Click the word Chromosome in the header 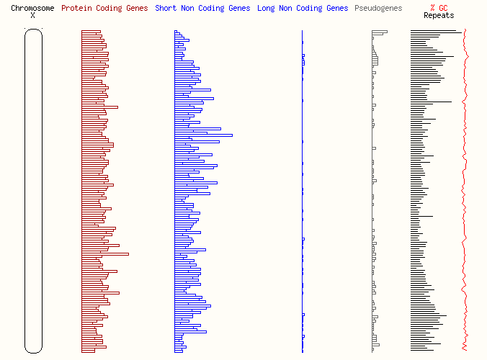(32, 9)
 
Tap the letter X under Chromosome (32, 16)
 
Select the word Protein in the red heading (76, 9)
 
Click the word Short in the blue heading (166, 9)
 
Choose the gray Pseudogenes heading (378, 9)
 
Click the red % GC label (439, 9)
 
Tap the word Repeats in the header (439, 16)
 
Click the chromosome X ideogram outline (33, 191)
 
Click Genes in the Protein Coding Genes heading (136, 9)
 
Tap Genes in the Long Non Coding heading (336, 9)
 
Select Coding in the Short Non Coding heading (216, 9)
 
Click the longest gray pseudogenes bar (380, 32)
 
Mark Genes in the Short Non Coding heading (241, 9)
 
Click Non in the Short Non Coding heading (189, 9)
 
